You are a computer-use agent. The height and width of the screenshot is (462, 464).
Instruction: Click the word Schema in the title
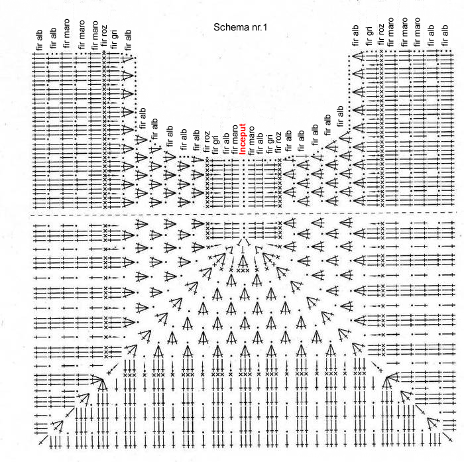click(227, 27)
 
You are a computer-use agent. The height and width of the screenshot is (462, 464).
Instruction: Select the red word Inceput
click(243, 139)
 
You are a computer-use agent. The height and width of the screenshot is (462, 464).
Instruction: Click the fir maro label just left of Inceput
click(235, 139)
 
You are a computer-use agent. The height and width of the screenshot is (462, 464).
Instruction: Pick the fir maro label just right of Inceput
click(251, 141)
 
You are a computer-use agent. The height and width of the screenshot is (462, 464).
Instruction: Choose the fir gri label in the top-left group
click(113, 39)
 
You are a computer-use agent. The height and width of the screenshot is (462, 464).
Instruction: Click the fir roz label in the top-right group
click(381, 34)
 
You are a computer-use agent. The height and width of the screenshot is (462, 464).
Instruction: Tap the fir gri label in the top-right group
click(369, 36)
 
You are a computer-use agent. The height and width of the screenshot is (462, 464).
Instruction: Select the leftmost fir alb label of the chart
click(38, 39)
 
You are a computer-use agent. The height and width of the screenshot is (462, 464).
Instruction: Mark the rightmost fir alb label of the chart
click(445, 35)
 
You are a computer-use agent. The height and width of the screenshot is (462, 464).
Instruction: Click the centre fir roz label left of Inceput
click(207, 142)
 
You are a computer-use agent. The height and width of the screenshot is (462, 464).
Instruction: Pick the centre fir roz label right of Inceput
click(278, 143)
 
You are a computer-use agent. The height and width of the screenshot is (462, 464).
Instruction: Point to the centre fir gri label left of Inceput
click(215, 144)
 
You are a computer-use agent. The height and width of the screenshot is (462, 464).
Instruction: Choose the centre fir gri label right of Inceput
click(269, 144)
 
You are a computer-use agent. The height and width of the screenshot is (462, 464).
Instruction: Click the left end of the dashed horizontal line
click(31, 215)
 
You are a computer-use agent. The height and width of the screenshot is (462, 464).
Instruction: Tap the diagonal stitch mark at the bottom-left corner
click(43, 440)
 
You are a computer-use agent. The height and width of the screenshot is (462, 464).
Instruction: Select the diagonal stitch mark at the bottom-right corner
click(447, 437)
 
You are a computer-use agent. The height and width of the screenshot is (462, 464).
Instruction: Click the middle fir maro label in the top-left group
click(81, 34)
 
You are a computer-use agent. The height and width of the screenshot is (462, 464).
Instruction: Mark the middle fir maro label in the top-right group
click(404, 32)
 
